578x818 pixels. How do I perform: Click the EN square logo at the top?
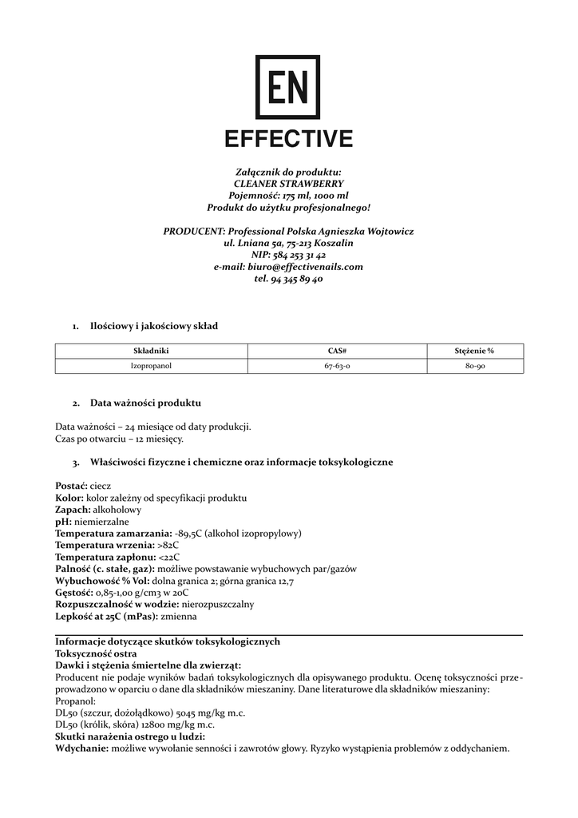click(287, 87)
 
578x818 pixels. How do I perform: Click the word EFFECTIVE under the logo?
click(288, 139)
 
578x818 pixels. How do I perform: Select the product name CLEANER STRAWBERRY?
click(288, 184)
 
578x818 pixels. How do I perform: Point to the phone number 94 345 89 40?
click(297, 279)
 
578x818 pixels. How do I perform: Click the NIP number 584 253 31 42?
click(299, 255)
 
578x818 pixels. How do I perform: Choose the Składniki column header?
click(151, 351)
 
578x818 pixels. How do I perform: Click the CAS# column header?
click(337, 351)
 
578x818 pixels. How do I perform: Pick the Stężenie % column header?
click(474, 351)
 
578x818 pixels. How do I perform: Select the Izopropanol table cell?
click(151, 366)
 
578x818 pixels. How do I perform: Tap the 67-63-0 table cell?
click(337, 366)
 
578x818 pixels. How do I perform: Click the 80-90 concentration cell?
click(475, 366)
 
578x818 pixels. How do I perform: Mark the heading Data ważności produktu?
click(145, 403)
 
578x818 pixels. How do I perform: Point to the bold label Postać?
click(71, 486)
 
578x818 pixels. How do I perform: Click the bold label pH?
click(63, 521)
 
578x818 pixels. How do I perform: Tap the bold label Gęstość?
click(73, 593)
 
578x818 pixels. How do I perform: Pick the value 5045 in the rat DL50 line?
click(176, 713)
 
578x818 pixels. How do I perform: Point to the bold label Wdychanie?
click(81, 749)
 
